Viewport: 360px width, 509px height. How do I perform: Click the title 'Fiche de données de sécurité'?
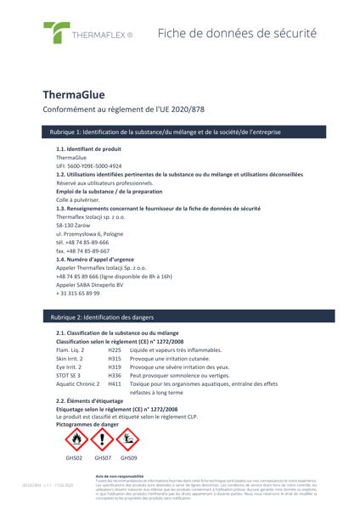(x=237, y=34)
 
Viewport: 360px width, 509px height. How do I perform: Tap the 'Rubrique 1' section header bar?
(x=179, y=132)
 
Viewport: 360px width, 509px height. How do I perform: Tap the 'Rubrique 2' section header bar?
(x=179, y=316)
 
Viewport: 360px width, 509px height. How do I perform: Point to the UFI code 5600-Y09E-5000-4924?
(x=89, y=166)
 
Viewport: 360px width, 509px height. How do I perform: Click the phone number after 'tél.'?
(x=87, y=242)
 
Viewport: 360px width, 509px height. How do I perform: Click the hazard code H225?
(x=115, y=350)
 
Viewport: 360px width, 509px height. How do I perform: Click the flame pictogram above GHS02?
(x=76, y=439)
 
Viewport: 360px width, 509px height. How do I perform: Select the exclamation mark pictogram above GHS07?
(x=102, y=439)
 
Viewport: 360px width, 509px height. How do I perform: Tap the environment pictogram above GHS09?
(x=128, y=439)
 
